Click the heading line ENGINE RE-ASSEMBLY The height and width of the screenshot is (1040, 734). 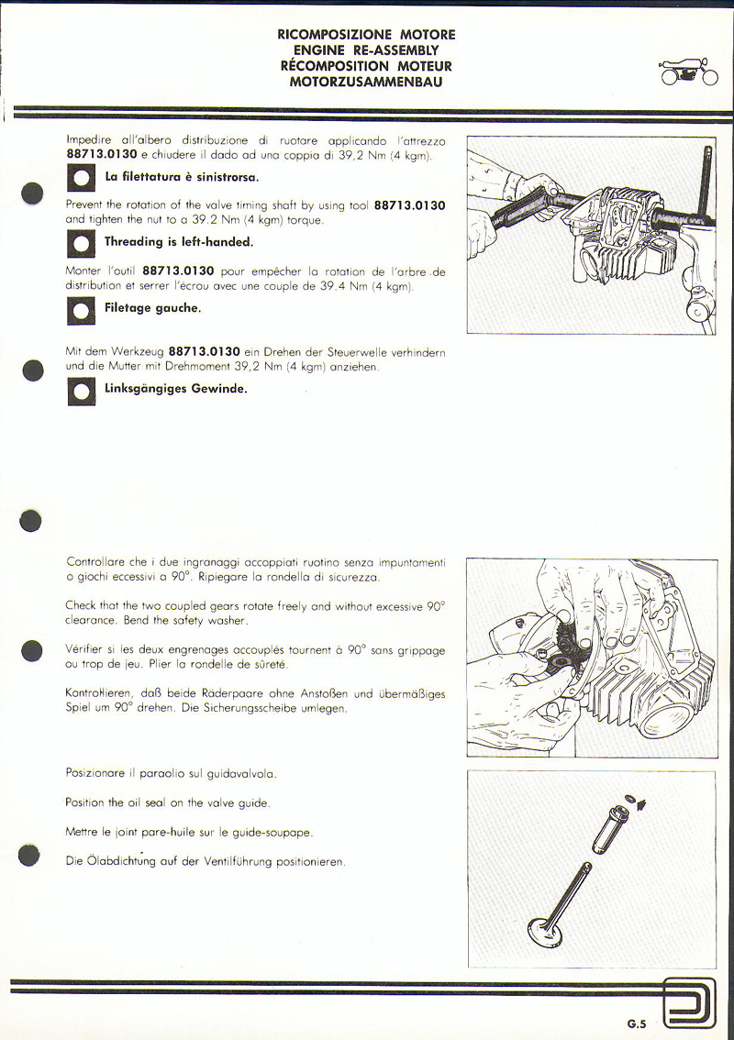(366, 50)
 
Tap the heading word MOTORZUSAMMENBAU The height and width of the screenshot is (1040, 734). (366, 82)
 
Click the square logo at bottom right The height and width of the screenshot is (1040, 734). (689, 1007)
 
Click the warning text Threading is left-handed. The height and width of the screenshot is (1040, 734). (179, 243)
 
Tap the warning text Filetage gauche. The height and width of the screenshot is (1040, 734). (152, 309)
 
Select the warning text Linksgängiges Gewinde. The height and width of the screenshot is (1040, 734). (175, 389)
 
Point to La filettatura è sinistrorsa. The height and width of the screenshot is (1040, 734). (182, 176)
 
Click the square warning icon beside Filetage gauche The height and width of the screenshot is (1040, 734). (81, 311)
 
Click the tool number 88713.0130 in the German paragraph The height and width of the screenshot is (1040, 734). (205, 351)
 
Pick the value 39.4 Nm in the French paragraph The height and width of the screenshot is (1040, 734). (342, 287)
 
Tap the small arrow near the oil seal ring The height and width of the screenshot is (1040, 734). (639, 802)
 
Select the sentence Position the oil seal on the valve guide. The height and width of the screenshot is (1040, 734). (168, 802)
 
